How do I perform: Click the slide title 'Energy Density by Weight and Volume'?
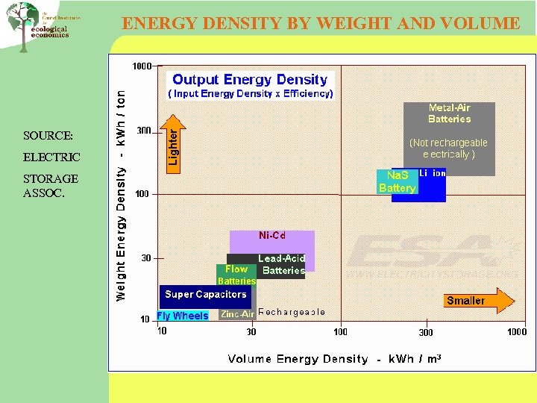(x=321, y=23)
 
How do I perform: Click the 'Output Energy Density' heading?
(x=250, y=79)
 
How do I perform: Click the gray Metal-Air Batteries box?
(x=450, y=138)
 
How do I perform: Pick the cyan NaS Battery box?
(x=396, y=181)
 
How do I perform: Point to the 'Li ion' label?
(x=433, y=173)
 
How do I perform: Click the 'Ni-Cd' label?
(x=272, y=236)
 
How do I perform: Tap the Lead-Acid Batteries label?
(x=283, y=265)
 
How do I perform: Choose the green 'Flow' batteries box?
(x=236, y=274)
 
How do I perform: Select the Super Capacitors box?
(x=206, y=295)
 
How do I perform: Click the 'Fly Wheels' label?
(x=183, y=316)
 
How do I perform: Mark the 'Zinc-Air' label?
(x=237, y=315)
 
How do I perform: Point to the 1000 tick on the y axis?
(x=142, y=66)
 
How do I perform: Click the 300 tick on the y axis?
(x=142, y=131)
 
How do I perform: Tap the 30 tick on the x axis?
(x=251, y=331)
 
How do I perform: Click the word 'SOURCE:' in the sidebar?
(x=48, y=136)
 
